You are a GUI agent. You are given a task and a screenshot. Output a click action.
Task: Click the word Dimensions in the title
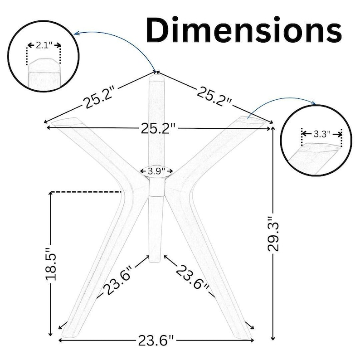[244, 29]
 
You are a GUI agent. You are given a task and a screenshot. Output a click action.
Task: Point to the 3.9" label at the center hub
[156, 171]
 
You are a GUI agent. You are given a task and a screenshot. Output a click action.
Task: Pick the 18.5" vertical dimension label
[51, 264]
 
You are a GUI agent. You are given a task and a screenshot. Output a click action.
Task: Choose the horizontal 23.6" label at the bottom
[156, 340]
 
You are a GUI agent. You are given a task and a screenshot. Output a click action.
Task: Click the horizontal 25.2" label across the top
[158, 128]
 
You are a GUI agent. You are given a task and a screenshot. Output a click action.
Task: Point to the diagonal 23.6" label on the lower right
[193, 277]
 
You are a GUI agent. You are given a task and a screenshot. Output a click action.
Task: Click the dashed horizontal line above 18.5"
[86, 191]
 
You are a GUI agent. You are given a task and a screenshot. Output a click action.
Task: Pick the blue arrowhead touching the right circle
[314, 103]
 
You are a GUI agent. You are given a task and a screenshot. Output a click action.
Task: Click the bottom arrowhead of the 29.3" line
[273, 338]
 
